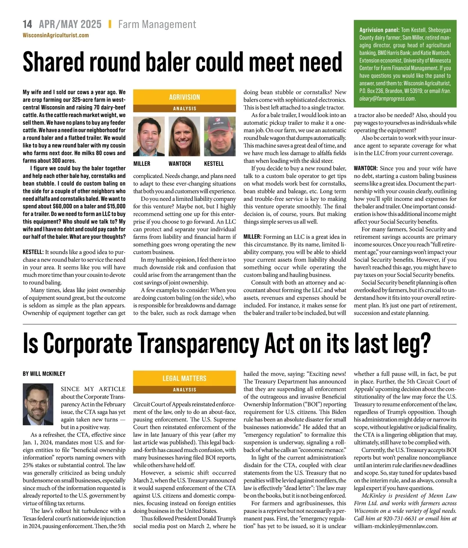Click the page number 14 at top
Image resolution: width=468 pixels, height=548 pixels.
coord(27,25)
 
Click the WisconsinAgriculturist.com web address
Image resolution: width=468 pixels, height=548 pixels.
coord(56,35)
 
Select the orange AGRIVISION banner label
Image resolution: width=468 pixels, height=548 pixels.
coord(184,97)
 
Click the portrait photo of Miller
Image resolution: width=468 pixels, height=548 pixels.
coord(149,137)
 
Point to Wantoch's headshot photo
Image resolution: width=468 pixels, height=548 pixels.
coord(184,137)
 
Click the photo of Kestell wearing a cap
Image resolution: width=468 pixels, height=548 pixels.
coord(220,137)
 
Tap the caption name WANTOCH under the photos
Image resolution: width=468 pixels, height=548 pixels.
coord(180,164)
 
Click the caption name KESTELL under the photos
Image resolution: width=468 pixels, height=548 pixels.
coord(214,164)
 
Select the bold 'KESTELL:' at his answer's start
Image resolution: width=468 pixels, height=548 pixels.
coord(33,252)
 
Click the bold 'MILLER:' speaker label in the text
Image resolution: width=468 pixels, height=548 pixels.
coord(252,237)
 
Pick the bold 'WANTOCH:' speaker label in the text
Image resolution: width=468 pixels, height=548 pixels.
coord(365,168)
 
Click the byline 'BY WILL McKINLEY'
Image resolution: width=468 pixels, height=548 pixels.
coord(44,374)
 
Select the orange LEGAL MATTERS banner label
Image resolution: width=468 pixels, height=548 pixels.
coord(184,378)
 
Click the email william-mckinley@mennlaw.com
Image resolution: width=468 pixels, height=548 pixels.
coord(396,526)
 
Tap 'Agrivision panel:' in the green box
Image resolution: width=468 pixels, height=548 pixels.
coord(379,30)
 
